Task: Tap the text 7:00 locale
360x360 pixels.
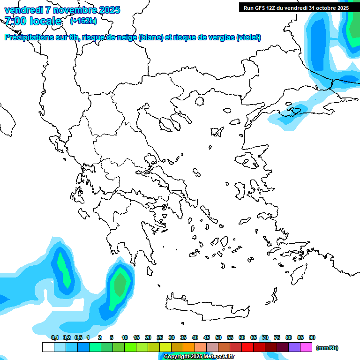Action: coord(33,21)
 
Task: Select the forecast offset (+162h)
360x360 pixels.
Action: coord(83,21)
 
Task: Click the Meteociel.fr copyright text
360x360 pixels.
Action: coord(199,357)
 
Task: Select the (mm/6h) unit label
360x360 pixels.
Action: coord(327,348)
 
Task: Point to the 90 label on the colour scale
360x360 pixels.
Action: coord(312,337)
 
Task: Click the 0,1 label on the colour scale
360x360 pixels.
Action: coord(55,337)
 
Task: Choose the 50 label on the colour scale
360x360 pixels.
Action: coord(218,337)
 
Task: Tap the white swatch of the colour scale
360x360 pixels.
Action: coord(48,347)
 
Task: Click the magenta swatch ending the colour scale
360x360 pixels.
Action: coord(306,347)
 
